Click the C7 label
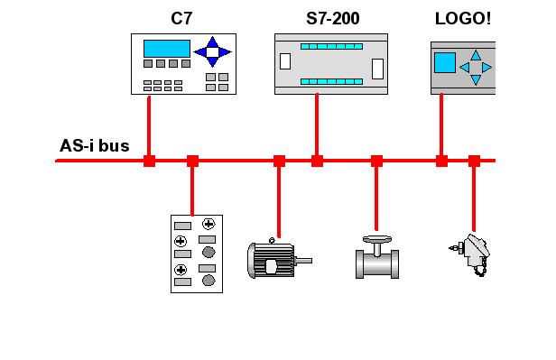(x=181, y=18)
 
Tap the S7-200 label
(x=332, y=18)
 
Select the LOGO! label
(x=463, y=18)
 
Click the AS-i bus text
(x=94, y=145)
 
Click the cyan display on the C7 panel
(x=167, y=49)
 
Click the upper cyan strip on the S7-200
(x=331, y=46)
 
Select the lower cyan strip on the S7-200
(x=331, y=81)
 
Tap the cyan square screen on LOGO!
(x=445, y=63)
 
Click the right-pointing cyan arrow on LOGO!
(x=486, y=68)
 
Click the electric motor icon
(x=279, y=258)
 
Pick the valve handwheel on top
(x=377, y=240)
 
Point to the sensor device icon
(x=470, y=254)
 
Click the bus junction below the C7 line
(x=149, y=161)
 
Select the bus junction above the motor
(x=279, y=161)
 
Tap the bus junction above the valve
(x=376, y=161)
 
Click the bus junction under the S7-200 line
(x=317, y=161)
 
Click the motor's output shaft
(x=303, y=261)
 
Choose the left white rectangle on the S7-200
(x=285, y=61)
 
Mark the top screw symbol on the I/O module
(x=208, y=224)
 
